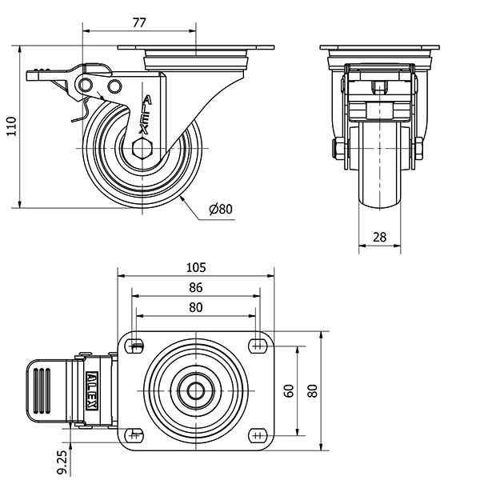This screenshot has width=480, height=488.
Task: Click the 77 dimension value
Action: coord(138,23)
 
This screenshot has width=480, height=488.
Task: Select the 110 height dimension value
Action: coord(10,126)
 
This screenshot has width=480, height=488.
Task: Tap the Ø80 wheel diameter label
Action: coord(220,210)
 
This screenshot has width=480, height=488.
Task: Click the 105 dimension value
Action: coord(196,266)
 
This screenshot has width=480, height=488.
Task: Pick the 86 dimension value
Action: coord(196,287)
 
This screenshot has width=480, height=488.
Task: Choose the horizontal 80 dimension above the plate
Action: coord(196,307)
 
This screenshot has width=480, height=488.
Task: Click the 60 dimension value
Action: coord(290,391)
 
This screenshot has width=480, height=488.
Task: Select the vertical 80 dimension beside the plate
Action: coord(313,391)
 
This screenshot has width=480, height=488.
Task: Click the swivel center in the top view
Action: coord(196,391)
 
